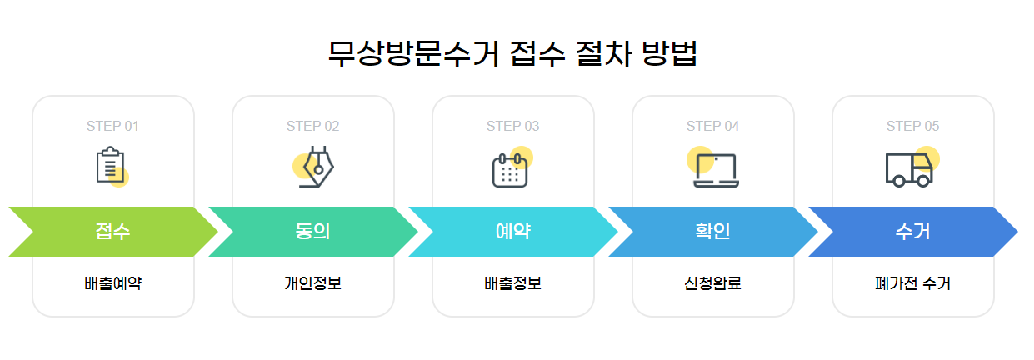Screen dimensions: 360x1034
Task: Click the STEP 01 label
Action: pos(112,127)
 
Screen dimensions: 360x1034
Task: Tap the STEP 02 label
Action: pos(312,127)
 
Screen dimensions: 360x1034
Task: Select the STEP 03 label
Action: pos(512,127)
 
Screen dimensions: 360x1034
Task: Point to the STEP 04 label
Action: pos(712,127)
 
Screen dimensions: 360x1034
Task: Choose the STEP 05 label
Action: pos(912,127)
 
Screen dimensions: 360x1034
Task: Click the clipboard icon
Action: pos(111,166)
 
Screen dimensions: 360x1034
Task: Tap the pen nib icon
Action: pos(316,167)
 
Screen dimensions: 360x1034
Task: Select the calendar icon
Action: pos(511,169)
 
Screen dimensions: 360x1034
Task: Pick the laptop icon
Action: pos(716,169)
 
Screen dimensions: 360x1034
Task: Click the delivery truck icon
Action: pos(909,169)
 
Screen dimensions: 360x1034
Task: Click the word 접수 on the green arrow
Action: pos(112,232)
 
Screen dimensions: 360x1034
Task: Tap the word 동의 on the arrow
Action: pos(312,232)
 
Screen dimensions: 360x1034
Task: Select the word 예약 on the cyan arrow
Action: pos(512,232)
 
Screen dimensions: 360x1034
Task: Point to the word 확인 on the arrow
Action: pos(712,232)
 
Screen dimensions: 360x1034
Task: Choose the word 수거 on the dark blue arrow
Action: pos(912,232)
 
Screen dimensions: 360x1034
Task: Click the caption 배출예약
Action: pos(112,283)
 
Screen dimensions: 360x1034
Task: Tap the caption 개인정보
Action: pos(312,283)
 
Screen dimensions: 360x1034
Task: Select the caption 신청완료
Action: pos(712,283)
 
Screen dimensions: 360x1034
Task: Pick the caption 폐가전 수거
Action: pos(912,283)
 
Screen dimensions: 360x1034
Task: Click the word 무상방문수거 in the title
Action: pos(413,54)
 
